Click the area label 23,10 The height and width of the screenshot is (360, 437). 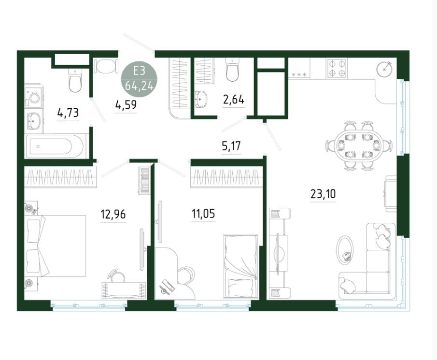323,193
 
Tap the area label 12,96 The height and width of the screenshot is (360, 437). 113,214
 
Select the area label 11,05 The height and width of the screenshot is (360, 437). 203,214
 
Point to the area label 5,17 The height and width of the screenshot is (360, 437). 231,146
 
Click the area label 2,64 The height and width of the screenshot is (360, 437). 234,99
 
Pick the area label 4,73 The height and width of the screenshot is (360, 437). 68,113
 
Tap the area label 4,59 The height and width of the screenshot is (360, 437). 126,105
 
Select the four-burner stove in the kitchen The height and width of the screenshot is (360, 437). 337,68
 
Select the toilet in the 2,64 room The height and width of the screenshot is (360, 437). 233,70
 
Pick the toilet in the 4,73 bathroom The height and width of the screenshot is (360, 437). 75,81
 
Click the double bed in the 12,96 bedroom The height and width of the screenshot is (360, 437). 56,246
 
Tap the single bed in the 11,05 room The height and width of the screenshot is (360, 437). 240,267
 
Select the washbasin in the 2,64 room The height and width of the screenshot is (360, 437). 200,99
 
